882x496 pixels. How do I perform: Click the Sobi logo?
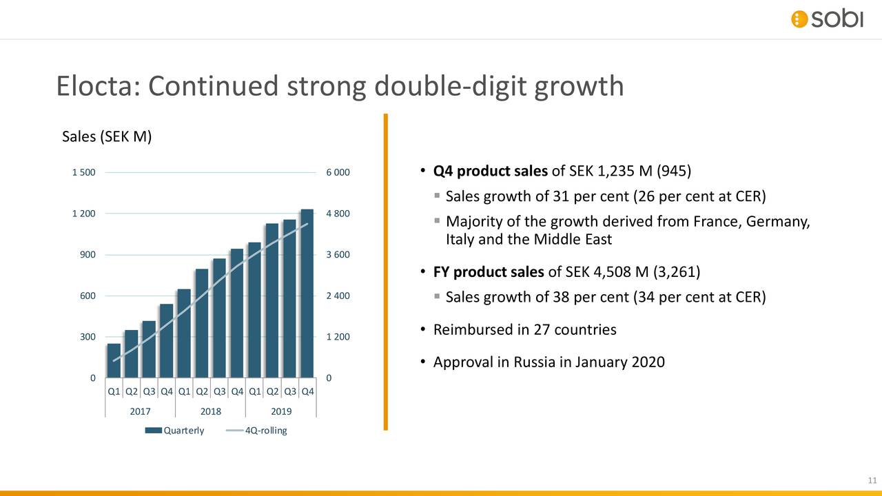click(x=826, y=19)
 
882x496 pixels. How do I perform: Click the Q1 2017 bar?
click(x=114, y=361)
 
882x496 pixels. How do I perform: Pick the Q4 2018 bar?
click(x=237, y=314)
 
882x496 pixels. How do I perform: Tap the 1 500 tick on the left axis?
click(x=83, y=172)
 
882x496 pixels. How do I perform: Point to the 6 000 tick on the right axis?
click(x=338, y=172)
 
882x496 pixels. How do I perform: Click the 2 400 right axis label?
click(x=338, y=296)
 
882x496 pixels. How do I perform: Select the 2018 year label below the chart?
click(x=210, y=411)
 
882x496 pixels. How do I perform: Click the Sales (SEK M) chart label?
click(x=107, y=136)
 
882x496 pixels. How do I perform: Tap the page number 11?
click(x=871, y=481)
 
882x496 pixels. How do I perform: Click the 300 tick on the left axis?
click(x=88, y=338)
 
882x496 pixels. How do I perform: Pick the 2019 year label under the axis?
click(x=280, y=411)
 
